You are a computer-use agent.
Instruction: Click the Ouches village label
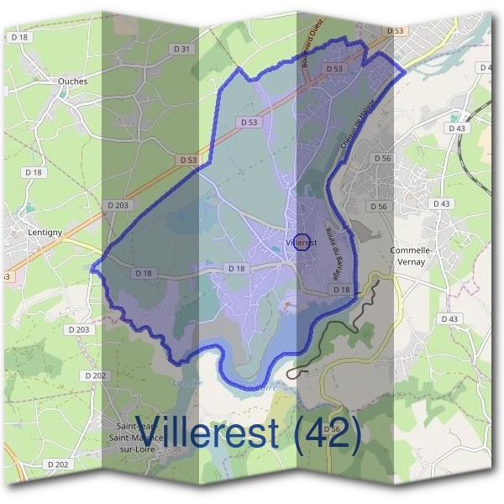click(x=72, y=81)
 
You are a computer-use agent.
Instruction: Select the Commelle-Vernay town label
click(x=411, y=256)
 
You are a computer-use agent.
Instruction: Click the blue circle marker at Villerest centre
click(x=304, y=241)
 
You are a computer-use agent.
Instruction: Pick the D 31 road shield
click(x=182, y=49)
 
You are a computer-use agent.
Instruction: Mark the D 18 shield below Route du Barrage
click(x=341, y=290)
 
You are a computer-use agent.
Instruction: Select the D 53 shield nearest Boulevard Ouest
click(x=333, y=69)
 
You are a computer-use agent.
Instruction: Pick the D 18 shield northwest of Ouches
click(x=20, y=37)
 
